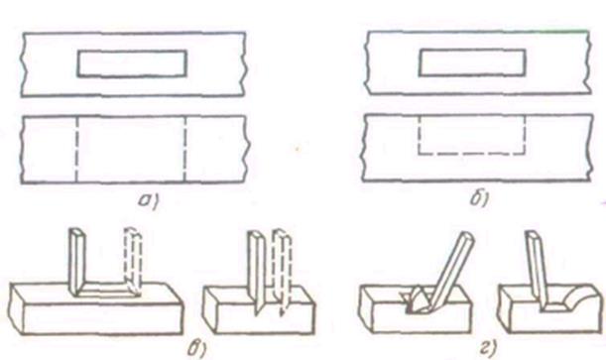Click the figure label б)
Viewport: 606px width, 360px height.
[479, 199]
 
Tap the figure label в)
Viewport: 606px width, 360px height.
[196, 349]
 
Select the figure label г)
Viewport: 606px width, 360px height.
[487, 349]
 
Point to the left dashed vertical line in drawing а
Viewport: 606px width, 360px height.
[76, 149]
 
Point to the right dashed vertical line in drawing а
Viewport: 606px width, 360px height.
[185, 149]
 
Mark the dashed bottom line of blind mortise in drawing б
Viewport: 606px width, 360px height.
[471, 154]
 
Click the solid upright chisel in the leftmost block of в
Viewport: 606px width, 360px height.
[77, 262]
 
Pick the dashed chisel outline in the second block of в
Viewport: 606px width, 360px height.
[281, 271]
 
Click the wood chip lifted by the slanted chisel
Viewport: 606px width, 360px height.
[417, 297]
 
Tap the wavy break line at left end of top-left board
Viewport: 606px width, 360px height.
[23, 64]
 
